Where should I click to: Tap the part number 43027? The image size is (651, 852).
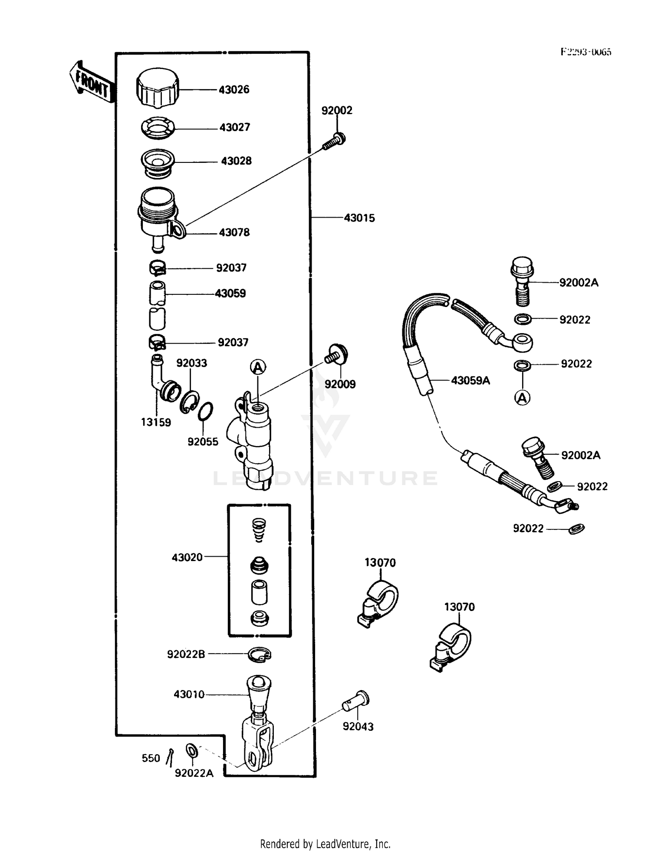click(234, 128)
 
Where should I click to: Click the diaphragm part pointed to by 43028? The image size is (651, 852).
click(158, 162)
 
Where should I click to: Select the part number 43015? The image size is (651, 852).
click(359, 218)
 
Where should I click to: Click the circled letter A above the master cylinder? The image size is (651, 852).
click(258, 368)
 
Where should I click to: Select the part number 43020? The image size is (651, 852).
click(187, 557)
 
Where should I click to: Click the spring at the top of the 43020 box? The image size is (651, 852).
click(259, 529)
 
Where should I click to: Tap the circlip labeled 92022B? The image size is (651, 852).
click(259, 654)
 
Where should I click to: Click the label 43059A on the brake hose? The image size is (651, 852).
click(470, 381)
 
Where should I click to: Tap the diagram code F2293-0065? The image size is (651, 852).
click(585, 52)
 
